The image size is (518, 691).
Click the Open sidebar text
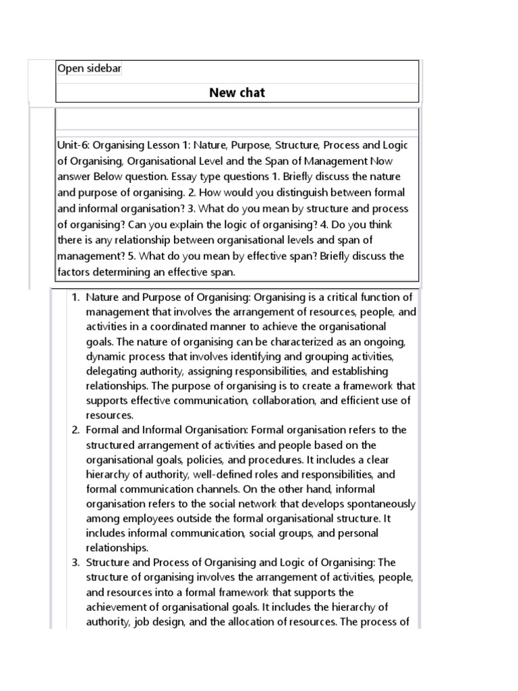[89, 69]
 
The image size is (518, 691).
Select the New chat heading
[237, 92]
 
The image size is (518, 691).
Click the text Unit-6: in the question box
[74, 145]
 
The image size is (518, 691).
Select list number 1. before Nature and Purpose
[76, 297]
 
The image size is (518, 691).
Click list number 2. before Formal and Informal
[76, 430]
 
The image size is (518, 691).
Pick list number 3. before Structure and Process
[76, 562]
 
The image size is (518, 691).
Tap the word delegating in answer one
[111, 370]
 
